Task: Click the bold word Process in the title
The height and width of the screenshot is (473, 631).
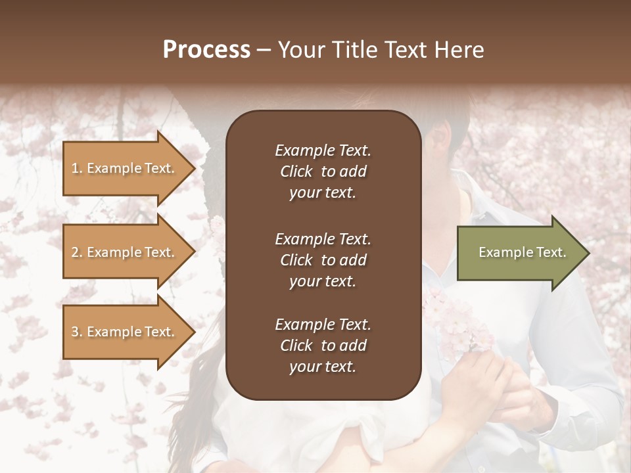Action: click(206, 50)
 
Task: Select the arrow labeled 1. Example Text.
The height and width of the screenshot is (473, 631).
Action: click(125, 168)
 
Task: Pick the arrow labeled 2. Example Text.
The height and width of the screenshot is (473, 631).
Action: click(125, 252)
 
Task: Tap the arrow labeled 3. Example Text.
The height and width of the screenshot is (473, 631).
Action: click(125, 332)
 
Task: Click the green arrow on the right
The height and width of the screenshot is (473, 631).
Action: click(519, 252)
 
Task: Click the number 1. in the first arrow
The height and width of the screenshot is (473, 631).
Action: click(77, 168)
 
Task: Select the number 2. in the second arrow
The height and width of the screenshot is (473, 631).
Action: click(77, 252)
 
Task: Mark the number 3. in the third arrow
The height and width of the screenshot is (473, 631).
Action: click(77, 332)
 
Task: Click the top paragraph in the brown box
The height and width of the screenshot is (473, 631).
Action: click(323, 171)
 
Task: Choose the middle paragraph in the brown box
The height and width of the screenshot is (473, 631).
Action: click(323, 259)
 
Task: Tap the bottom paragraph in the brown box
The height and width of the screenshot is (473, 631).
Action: click(323, 346)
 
